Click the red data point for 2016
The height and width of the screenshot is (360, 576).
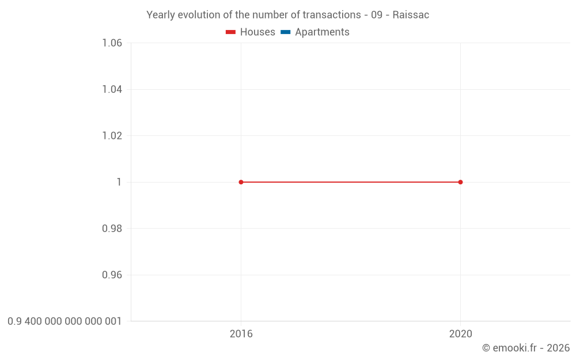(x=241, y=182)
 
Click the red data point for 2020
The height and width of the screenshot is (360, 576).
(x=460, y=182)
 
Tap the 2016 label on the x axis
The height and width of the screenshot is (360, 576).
(x=241, y=334)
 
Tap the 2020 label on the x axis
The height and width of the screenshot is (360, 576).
(x=460, y=334)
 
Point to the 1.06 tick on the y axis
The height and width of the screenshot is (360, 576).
(x=112, y=43)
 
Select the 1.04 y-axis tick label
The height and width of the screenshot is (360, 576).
(x=112, y=89)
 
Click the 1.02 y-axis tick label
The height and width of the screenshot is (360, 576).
(x=112, y=136)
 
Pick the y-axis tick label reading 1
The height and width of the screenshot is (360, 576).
(x=119, y=182)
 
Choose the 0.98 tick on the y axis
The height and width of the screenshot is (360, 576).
(x=112, y=229)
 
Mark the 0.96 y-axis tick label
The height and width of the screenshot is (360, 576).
(x=112, y=275)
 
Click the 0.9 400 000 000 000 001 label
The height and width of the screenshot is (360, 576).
(x=65, y=321)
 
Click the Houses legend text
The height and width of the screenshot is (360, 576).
(x=257, y=32)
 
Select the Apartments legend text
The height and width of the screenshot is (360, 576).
(x=322, y=32)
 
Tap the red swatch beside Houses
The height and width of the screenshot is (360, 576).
(x=230, y=32)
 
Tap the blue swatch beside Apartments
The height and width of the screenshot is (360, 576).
(x=285, y=32)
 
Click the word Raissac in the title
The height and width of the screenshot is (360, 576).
(x=411, y=15)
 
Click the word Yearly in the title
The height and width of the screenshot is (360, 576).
(x=161, y=15)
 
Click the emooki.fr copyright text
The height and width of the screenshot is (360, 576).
(x=525, y=348)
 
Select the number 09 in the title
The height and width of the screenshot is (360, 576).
(x=377, y=15)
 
